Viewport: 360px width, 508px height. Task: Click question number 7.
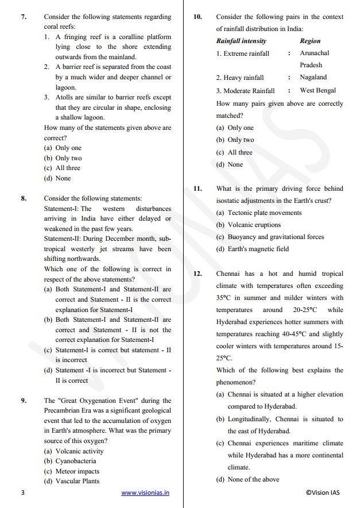(x=24, y=17)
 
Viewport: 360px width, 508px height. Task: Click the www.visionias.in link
(x=145, y=492)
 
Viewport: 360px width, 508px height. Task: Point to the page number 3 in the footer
(x=22, y=492)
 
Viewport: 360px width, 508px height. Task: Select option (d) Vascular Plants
(x=72, y=481)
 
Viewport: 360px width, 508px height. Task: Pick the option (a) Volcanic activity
(x=73, y=451)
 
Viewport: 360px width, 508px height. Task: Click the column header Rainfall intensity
(x=241, y=41)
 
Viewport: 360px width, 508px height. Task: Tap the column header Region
(x=310, y=41)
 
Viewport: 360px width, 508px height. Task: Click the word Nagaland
(x=313, y=77)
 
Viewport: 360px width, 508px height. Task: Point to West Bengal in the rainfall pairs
(x=318, y=90)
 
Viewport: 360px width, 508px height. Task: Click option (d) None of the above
(x=247, y=479)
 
